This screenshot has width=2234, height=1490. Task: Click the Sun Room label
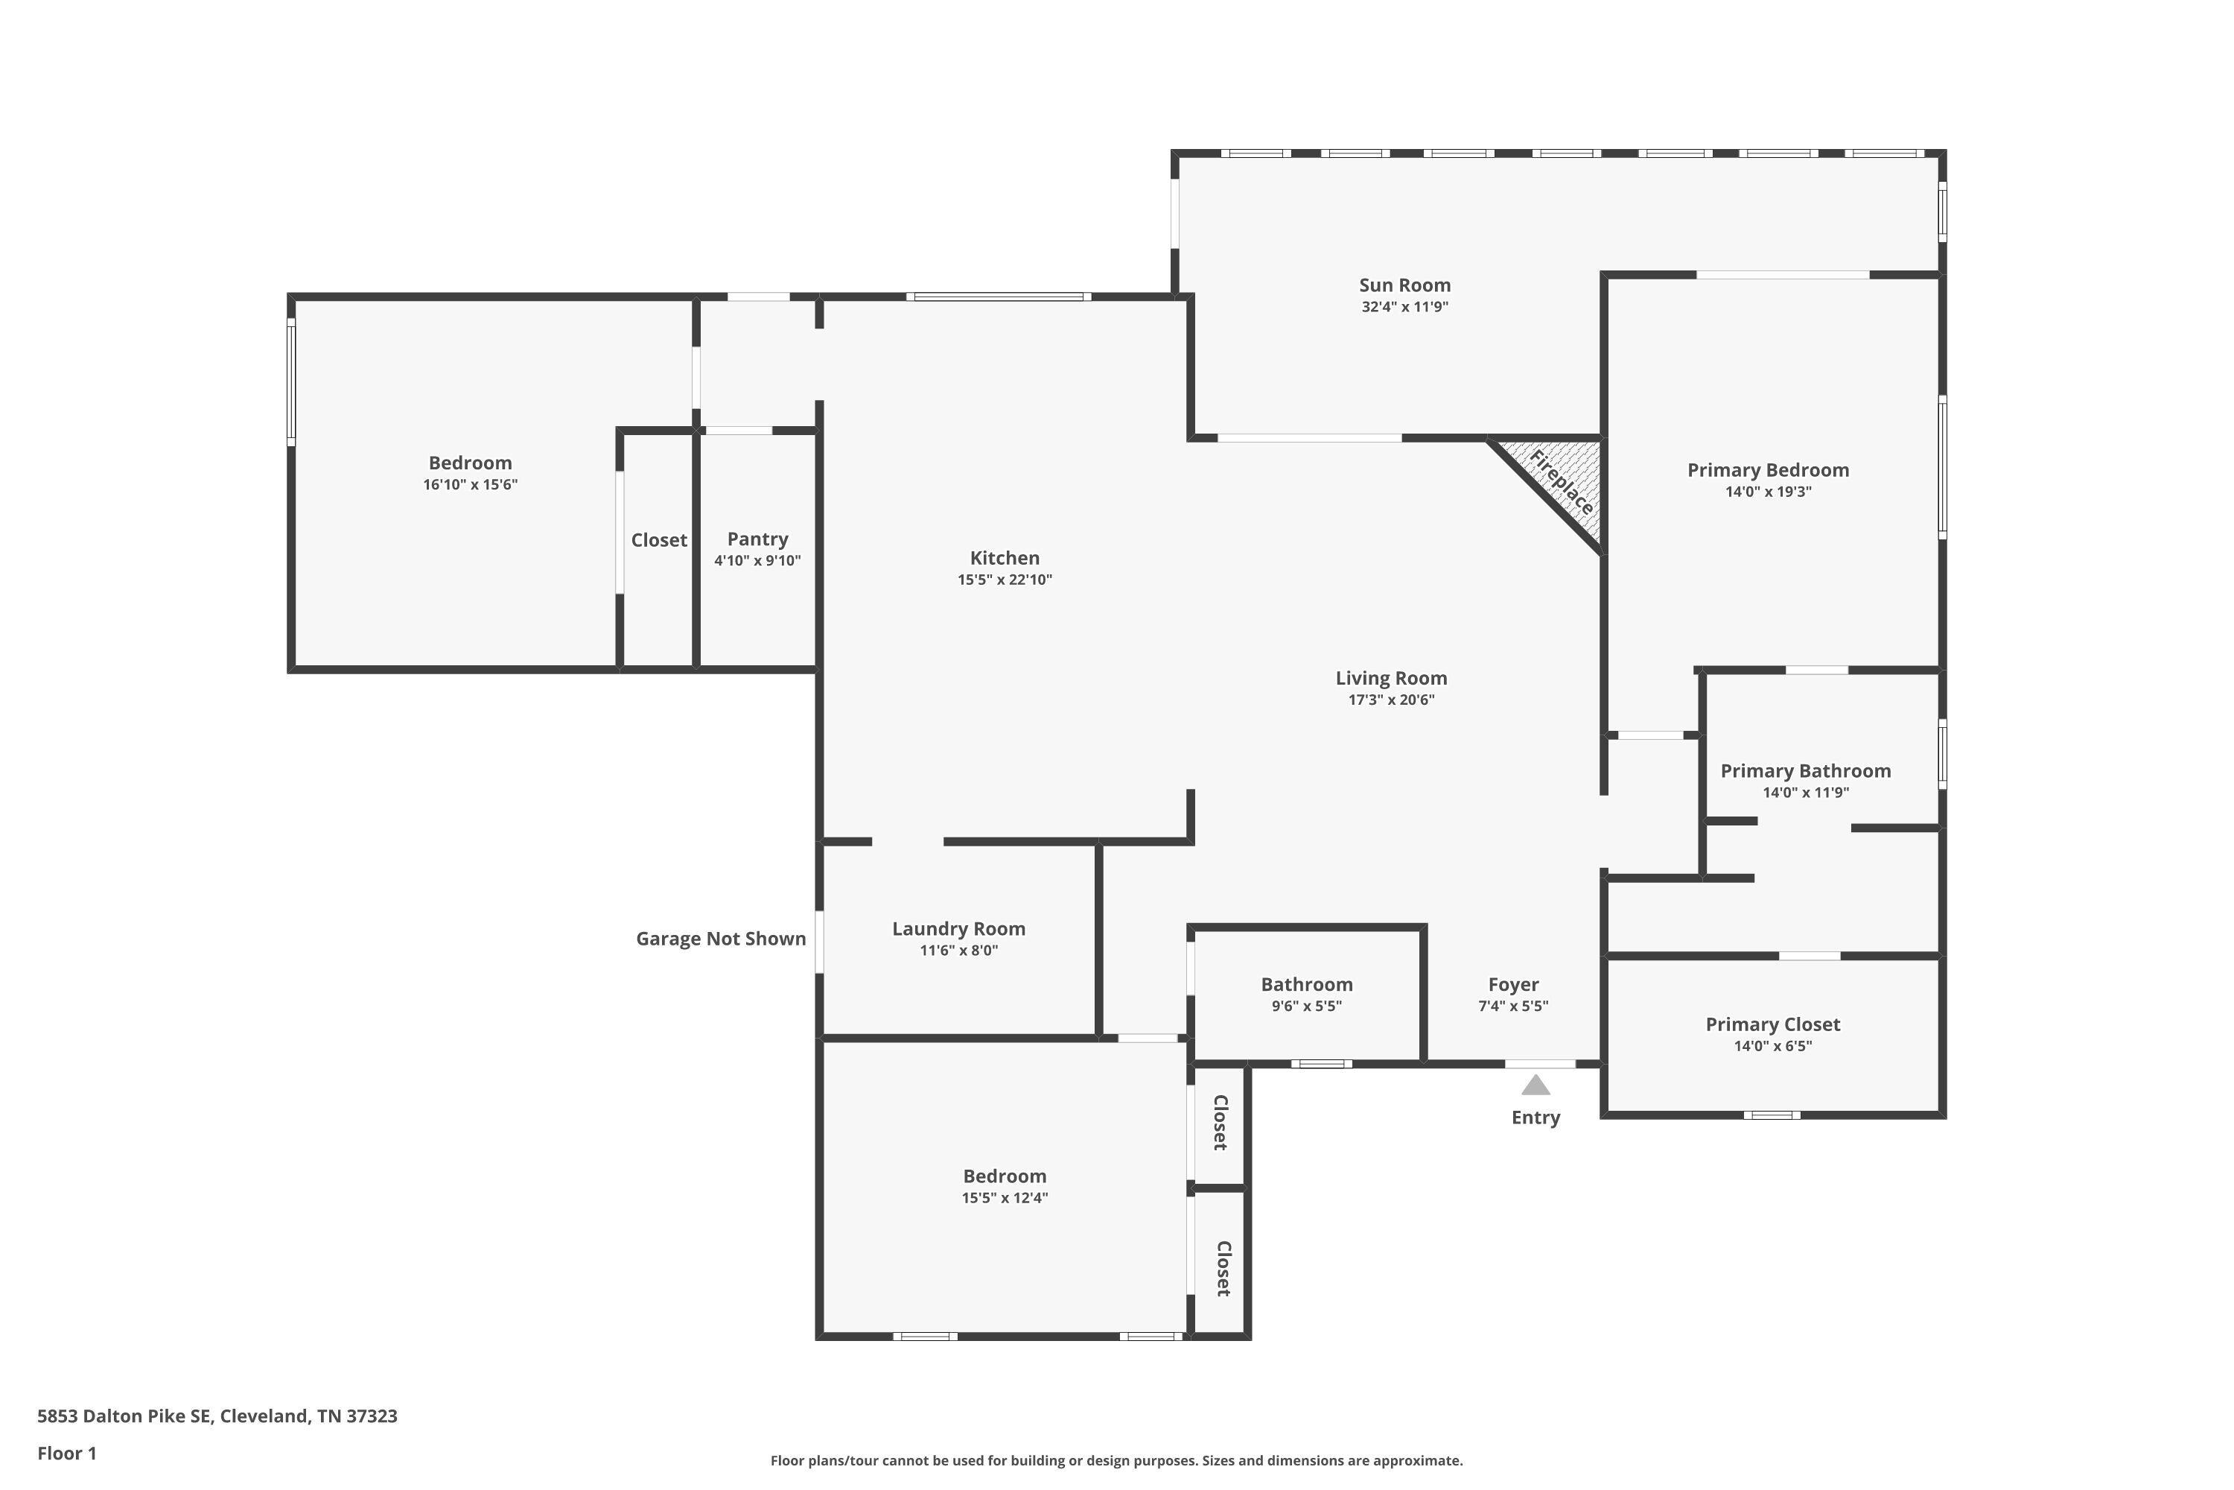tap(1404, 285)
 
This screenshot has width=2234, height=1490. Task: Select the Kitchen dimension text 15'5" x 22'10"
tap(1004, 580)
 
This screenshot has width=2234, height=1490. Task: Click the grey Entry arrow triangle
tap(1535, 1085)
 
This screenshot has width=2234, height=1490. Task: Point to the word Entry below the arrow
tap(1535, 1117)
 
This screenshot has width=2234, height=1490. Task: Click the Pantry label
tap(757, 539)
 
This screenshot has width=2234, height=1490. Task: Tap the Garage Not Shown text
tap(720, 939)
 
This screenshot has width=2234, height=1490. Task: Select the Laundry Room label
tap(958, 928)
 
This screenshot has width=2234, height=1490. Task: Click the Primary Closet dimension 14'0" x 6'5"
tap(1772, 1046)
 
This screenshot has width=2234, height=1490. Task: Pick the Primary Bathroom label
tap(1804, 770)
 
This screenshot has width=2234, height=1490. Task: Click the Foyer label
tap(1512, 984)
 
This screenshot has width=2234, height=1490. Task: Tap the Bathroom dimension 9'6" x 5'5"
tap(1306, 1006)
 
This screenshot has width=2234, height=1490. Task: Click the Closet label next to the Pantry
tap(658, 539)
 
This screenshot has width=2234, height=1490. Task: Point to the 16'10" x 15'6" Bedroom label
tap(469, 463)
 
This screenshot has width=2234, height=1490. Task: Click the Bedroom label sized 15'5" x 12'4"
tap(1004, 1176)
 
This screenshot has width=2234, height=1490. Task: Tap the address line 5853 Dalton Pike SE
tap(217, 1416)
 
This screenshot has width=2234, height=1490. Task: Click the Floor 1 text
tap(66, 1453)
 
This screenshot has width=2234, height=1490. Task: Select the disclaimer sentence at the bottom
tap(1116, 1460)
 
